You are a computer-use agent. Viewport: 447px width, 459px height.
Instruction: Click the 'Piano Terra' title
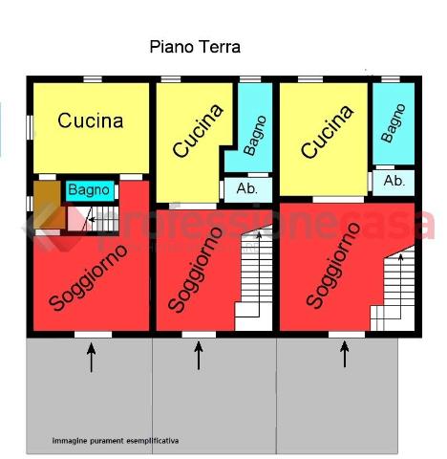coord(195,47)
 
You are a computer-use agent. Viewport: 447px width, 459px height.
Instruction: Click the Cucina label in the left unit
coord(91,120)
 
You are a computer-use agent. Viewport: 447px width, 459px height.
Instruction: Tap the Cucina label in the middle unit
coord(198,131)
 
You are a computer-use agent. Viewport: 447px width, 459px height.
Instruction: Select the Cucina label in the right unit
coord(328,132)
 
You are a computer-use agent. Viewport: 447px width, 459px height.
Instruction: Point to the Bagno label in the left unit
coord(89,190)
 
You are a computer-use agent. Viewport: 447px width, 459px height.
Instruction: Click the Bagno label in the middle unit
coord(255,136)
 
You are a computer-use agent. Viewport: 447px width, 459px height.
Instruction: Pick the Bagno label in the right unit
coord(394,123)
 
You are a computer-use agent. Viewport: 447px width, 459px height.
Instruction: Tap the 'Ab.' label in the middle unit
coord(246,188)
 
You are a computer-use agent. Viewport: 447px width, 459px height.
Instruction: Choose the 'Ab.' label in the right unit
coord(394,181)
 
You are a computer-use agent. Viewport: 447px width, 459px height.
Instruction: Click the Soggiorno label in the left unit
coord(88,278)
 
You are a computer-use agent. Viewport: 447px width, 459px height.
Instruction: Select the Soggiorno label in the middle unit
coord(195,270)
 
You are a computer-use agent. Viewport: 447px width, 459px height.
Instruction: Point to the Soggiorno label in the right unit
coord(333,265)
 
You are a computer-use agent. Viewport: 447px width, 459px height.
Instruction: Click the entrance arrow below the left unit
coord(92,358)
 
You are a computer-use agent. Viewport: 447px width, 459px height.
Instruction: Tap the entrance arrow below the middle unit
coord(199,356)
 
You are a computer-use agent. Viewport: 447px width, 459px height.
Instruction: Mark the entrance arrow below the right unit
coord(345,354)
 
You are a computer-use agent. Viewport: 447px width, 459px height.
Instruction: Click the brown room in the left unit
coord(48,205)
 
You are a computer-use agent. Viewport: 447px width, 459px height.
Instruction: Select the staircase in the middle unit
coord(254,277)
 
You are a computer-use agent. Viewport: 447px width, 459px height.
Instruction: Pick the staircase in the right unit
coord(393,289)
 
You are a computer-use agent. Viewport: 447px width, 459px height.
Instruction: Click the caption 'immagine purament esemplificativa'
coord(116,441)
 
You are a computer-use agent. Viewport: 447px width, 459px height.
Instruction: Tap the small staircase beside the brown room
coord(93,219)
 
